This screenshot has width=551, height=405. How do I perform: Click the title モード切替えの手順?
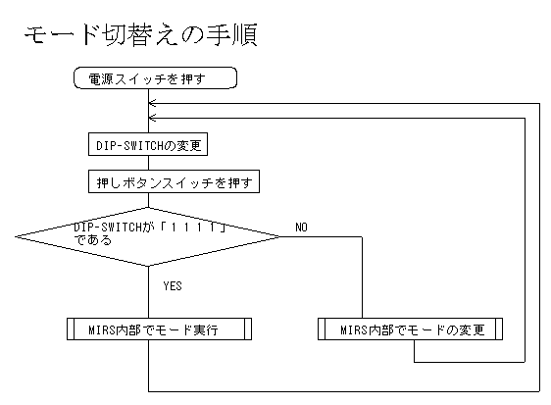(x=141, y=35)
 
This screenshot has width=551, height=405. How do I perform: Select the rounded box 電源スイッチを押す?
(x=155, y=78)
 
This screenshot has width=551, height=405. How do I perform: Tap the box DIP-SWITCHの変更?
(x=148, y=144)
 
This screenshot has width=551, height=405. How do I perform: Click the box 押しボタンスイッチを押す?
(x=174, y=181)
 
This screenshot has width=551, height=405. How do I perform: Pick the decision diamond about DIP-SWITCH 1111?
(x=148, y=236)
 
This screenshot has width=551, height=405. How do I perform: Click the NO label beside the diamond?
(x=302, y=228)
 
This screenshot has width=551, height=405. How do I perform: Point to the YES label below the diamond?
(x=173, y=285)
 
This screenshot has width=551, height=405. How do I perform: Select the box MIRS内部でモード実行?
(x=159, y=329)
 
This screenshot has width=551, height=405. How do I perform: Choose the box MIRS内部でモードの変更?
(x=410, y=329)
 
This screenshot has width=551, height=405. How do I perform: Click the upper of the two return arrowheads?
(x=152, y=103)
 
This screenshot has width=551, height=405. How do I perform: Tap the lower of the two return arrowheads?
(x=152, y=118)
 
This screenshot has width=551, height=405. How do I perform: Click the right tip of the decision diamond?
(x=280, y=236)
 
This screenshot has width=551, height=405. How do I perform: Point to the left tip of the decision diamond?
(x=15, y=236)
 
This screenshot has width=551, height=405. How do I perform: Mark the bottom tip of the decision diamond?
(x=148, y=266)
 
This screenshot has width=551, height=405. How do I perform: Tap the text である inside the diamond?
(x=93, y=240)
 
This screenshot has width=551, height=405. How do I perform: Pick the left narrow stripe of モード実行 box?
(x=71, y=329)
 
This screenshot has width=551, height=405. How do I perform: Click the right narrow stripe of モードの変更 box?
(x=499, y=329)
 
